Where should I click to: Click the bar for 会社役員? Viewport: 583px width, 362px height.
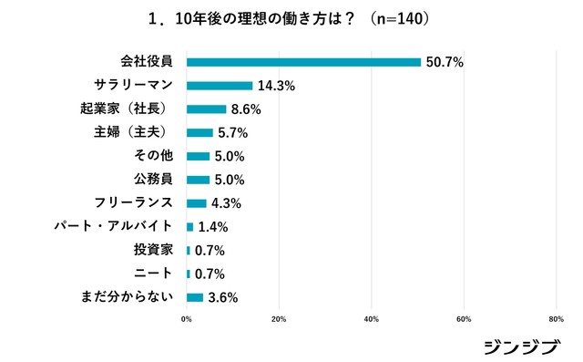tap(303, 62)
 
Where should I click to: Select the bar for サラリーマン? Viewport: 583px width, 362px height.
tap(220, 86)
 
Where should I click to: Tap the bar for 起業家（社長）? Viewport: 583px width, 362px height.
tap(206, 109)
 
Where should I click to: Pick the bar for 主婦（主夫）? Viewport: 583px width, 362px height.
tap(199, 132)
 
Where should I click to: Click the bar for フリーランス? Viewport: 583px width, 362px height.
tap(197, 202)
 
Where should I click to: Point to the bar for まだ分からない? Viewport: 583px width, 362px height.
tap(195, 296)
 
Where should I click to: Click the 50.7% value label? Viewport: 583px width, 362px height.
tap(445, 63)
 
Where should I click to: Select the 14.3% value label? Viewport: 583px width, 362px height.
tap(276, 87)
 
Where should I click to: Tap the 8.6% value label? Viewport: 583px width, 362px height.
tap(246, 109)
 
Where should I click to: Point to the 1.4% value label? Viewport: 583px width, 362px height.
tap(211, 227)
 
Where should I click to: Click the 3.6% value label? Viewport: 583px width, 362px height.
tap(222, 297)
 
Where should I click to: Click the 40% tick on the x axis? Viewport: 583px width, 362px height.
tap(372, 319)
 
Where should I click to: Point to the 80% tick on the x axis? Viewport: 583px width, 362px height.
tap(556, 319)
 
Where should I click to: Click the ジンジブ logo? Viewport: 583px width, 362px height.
tap(520, 346)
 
